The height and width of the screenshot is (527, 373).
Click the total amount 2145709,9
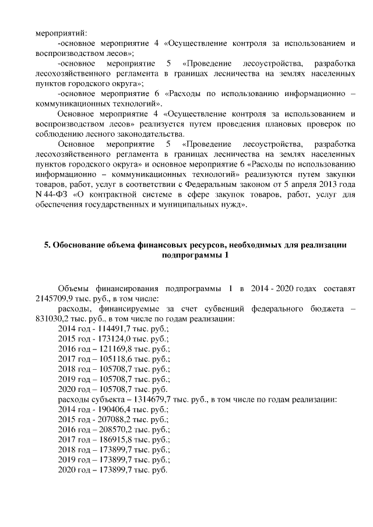[53, 298]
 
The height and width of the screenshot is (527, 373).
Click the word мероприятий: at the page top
[61, 33]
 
